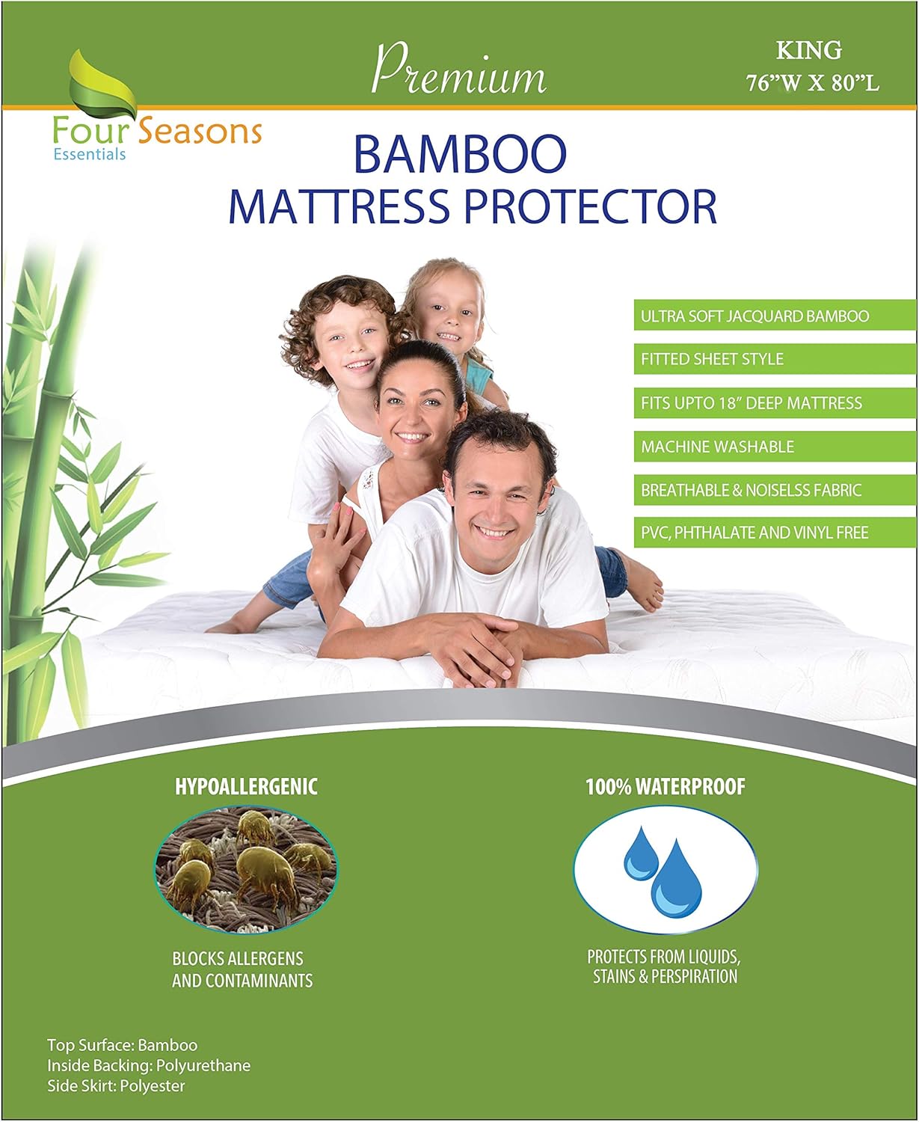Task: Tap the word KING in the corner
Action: coord(808,50)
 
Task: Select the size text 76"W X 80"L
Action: coord(812,82)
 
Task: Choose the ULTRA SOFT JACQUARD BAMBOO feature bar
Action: coord(774,316)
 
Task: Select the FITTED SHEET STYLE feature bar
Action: coord(774,359)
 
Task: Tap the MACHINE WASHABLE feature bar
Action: coord(774,447)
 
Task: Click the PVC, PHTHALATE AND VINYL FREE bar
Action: coord(774,533)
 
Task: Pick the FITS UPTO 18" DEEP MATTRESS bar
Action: coord(774,403)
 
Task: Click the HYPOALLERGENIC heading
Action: coord(246,786)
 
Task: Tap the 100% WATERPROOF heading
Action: coord(665,787)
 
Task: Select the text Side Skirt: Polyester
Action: coord(116,1085)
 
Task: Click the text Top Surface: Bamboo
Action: coord(122,1045)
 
